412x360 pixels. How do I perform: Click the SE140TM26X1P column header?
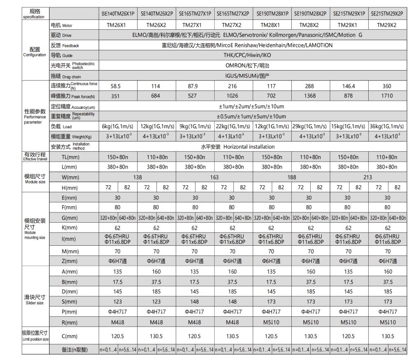pos(118,14)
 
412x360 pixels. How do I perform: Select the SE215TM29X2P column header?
pos(387,14)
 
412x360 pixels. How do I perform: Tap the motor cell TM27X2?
pos(232,25)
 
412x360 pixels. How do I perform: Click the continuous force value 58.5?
pos(118,86)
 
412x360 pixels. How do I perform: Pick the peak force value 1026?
pos(232,96)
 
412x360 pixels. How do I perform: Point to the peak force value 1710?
pos(387,96)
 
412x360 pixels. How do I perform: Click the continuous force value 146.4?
pos(348,86)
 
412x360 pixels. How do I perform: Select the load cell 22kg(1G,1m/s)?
pos(232,126)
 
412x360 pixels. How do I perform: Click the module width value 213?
pos(368,177)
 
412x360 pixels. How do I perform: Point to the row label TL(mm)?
pos(70,157)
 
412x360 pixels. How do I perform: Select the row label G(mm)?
pos(69,218)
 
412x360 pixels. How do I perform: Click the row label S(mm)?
pos(69,302)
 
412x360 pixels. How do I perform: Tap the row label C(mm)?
pos(69,336)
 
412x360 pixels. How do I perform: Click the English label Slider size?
pos(35,303)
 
